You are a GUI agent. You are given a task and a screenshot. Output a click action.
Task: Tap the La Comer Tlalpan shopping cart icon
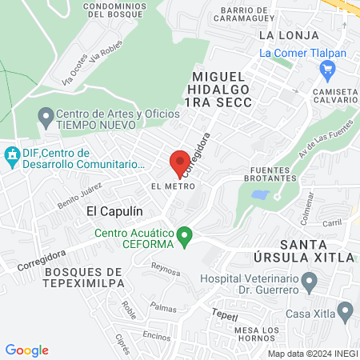[x=326, y=70]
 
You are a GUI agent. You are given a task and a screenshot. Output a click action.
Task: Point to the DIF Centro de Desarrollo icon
[x=12, y=154]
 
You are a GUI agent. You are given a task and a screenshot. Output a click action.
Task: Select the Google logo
[x=26, y=350]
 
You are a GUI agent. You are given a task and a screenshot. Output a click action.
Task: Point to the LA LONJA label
[x=289, y=35]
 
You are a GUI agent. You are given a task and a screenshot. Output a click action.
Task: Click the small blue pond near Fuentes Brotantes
[x=259, y=194]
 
